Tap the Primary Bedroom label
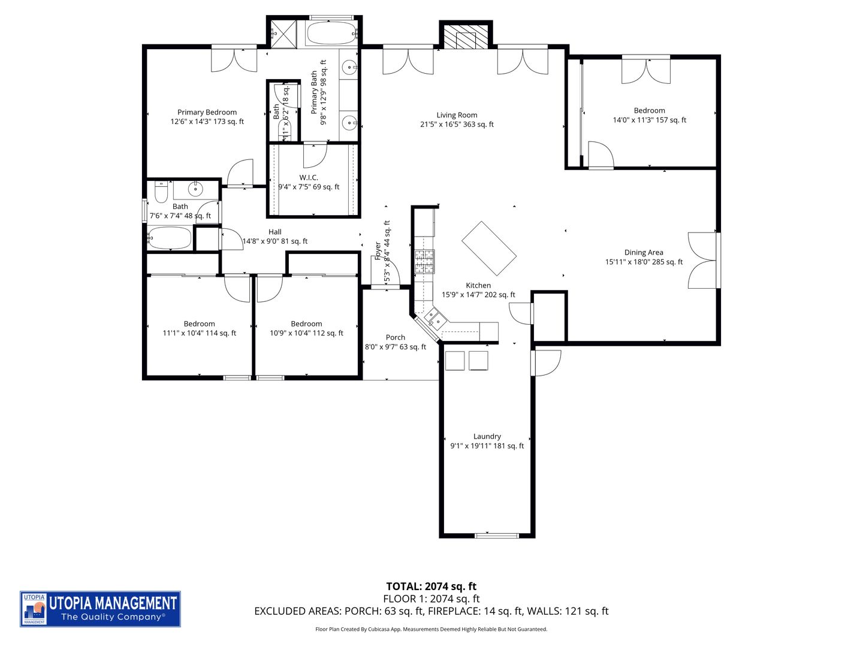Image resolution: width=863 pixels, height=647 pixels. [x=207, y=112]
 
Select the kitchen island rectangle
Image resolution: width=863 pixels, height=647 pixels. [x=489, y=249]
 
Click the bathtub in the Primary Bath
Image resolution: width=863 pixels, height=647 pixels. [x=331, y=34]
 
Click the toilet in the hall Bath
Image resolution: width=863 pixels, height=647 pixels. [x=161, y=192]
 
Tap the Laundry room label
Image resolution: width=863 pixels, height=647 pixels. [x=487, y=436]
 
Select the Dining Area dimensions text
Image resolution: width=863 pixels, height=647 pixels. [x=644, y=262]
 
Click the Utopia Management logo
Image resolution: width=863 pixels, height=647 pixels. [x=100, y=609]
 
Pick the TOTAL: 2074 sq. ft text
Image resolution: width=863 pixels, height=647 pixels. [x=431, y=586]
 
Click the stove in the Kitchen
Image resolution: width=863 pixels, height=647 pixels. [x=424, y=261]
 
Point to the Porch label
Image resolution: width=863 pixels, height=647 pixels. [x=395, y=337]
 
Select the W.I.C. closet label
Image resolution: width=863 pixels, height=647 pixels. [x=309, y=177]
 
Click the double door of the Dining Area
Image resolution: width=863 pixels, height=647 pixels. [x=702, y=261]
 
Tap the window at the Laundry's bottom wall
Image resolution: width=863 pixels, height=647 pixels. [x=496, y=535]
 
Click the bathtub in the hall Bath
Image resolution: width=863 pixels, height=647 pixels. [x=170, y=238]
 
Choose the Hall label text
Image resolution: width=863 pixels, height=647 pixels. [x=274, y=232]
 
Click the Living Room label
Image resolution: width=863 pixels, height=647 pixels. [x=457, y=115]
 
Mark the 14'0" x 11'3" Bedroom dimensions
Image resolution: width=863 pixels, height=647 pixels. [x=649, y=120]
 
